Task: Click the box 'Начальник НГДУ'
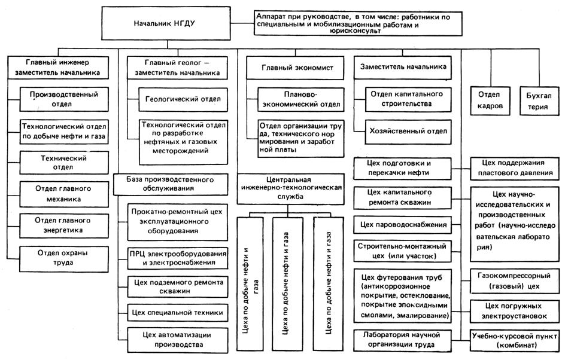166,24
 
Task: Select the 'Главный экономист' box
288,68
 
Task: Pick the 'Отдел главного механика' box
58,193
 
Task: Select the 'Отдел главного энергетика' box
58,225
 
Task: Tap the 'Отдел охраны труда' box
58,258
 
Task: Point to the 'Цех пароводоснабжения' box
409,225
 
